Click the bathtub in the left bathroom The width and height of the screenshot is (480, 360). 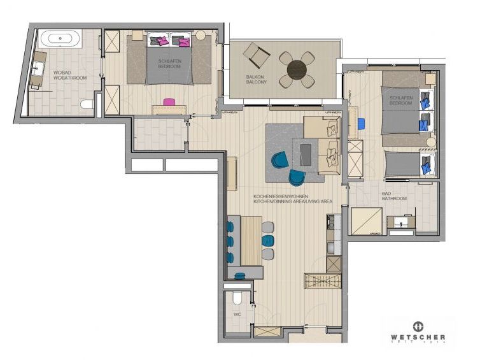click(60, 39)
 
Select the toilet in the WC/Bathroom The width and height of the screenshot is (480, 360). click(87, 104)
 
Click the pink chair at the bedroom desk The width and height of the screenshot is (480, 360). click(169, 101)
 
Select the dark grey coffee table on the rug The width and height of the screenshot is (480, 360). click(306, 153)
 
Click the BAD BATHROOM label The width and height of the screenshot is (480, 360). click(394, 196)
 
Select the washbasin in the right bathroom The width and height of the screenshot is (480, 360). click(402, 222)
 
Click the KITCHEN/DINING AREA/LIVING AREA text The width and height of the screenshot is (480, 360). click(292, 199)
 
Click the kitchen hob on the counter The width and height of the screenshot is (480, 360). click(334, 222)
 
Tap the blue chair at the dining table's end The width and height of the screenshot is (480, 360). click(241, 275)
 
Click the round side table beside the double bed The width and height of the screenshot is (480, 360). click(200, 36)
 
